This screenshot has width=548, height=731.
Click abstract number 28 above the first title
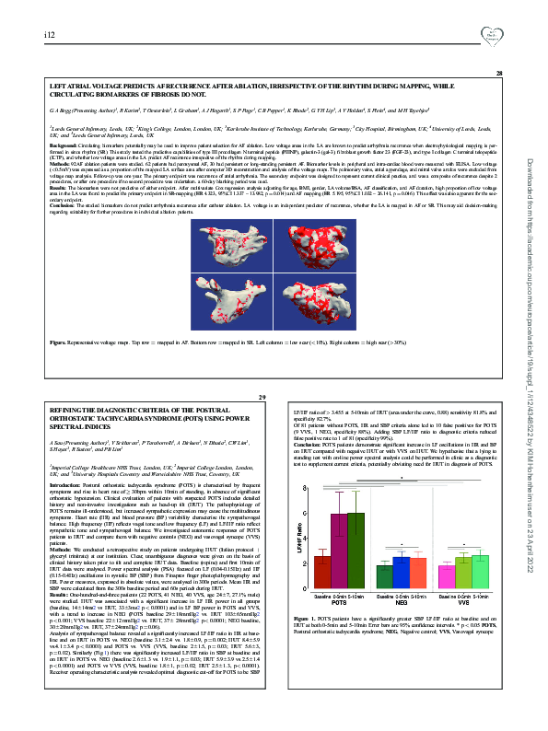pos(498,74)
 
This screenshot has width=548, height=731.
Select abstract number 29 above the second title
pos(262,397)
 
